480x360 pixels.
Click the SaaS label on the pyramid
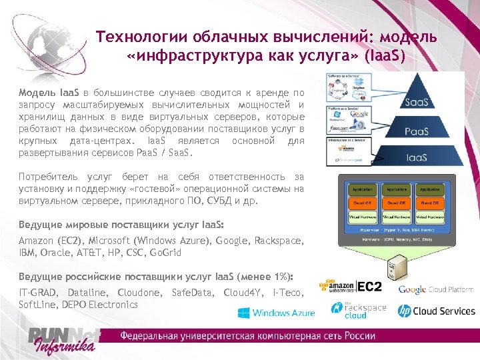click(x=417, y=102)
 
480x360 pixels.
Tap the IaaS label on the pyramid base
click(x=417, y=157)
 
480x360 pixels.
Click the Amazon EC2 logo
click(x=351, y=286)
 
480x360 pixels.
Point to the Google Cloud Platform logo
click(x=436, y=289)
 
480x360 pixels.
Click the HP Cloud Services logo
click(x=436, y=311)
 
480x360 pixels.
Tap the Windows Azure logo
click(x=275, y=313)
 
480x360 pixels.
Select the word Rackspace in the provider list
click(x=280, y=240)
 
